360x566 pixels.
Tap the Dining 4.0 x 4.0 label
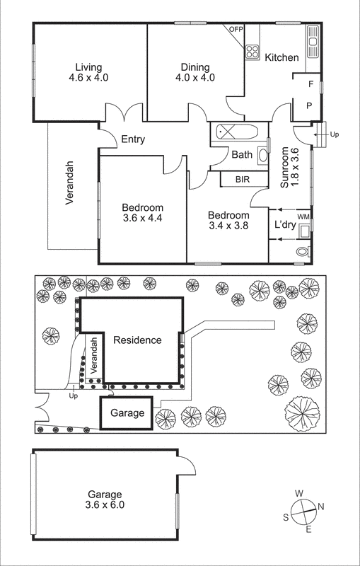click(194, 72)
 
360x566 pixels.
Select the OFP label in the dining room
click(236, 29)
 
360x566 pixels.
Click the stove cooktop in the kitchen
click(252, 51)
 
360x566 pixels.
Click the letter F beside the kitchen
click(310, 84)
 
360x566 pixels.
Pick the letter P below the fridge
click(309, 105)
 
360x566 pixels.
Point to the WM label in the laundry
click(303, 216)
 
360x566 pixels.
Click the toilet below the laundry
click(303, 251)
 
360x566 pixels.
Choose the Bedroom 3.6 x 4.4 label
click(141, 212)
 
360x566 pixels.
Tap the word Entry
click(133, 139)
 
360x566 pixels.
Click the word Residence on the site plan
click(137, 340)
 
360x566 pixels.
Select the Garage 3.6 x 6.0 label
click(105, 499)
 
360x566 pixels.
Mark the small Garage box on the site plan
click(127, 413)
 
